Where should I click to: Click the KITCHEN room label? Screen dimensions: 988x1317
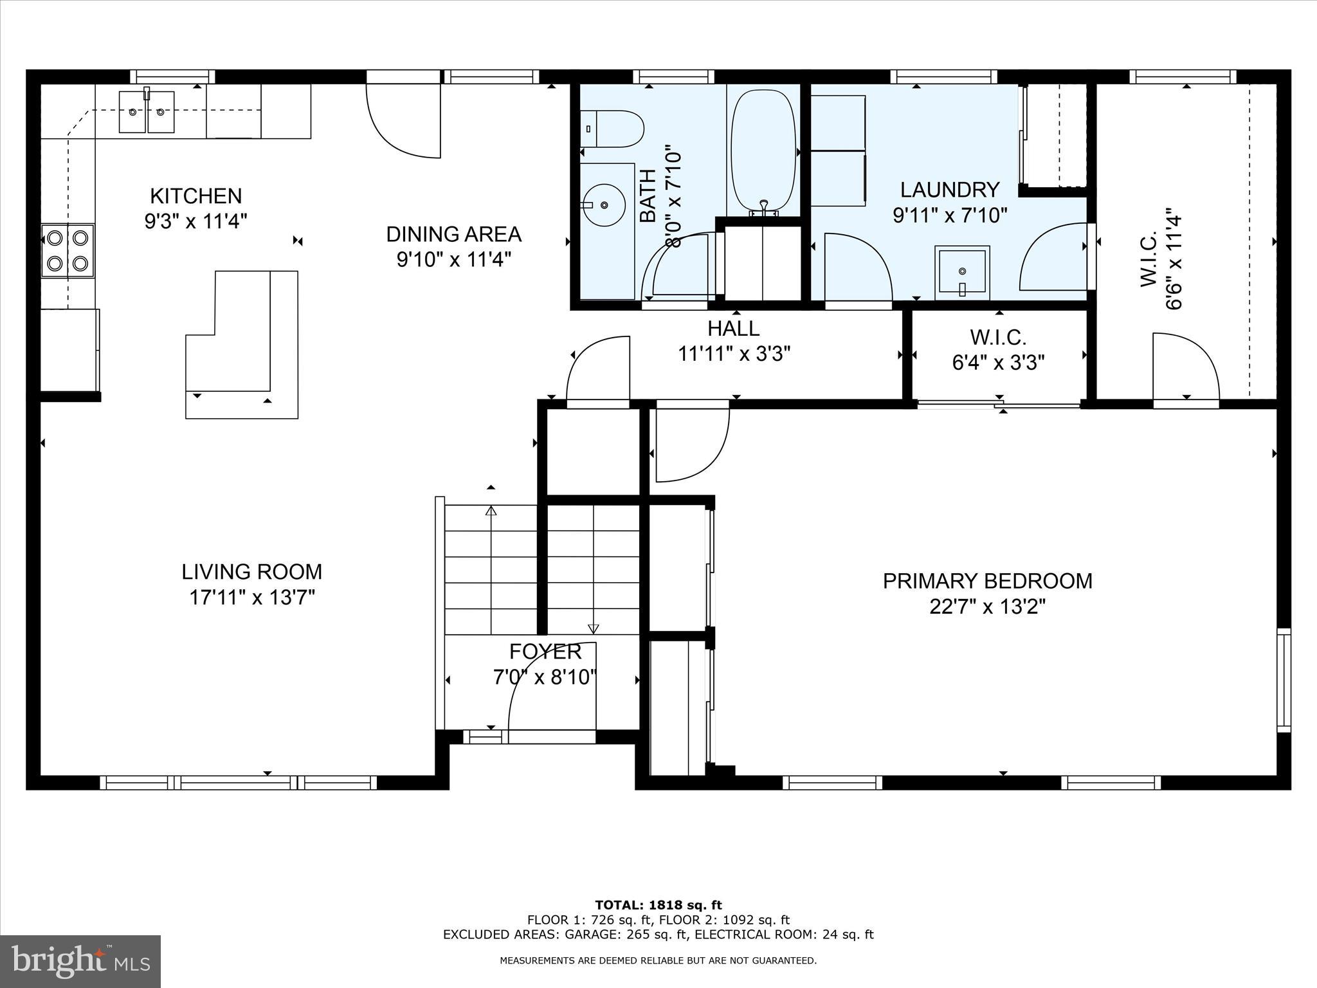[195, 196]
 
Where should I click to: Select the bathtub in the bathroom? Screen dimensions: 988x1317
[763, 152]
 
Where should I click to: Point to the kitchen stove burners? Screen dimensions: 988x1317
[68, 250]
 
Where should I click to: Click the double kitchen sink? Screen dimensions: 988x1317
[147, 112]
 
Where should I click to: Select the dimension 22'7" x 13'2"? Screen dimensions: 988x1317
[987, 607]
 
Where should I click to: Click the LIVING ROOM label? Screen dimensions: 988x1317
[251, 571]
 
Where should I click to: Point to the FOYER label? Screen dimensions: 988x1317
[545, 652]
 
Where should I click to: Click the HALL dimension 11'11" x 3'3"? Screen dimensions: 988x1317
[734, 354]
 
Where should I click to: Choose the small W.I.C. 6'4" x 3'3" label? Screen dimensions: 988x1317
[998, 350]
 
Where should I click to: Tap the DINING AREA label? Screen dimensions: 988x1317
[453, 234]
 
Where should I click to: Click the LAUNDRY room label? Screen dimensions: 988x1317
[949, 190]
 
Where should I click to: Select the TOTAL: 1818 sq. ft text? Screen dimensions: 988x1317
[658, 905]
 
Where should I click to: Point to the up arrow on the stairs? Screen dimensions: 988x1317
[491, 512]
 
